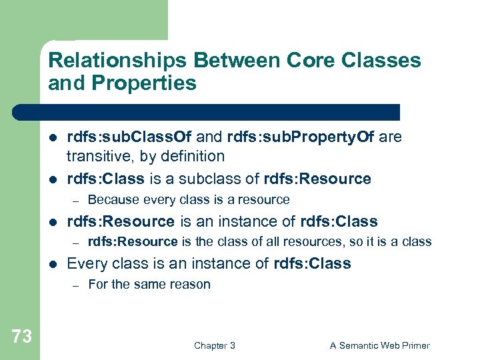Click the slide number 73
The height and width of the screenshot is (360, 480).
point(22,337)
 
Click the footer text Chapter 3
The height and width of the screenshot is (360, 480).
point(214,345)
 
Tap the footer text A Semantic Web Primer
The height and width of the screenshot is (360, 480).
point(379,345)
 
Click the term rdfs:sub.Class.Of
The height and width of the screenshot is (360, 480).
point(129,137)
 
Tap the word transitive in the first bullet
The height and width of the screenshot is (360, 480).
point(97,157)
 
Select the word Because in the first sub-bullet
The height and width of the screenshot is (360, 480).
point(111,200)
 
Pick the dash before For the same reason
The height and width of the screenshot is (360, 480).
point(76,285)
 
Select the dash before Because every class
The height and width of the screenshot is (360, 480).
point(76,200)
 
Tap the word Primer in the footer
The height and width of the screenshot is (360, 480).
point(413,345)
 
